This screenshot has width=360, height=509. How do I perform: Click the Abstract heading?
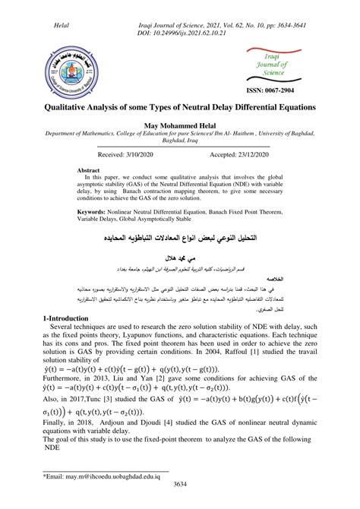[x=91, y=171]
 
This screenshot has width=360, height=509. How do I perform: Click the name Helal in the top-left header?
[x=63, y=26]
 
